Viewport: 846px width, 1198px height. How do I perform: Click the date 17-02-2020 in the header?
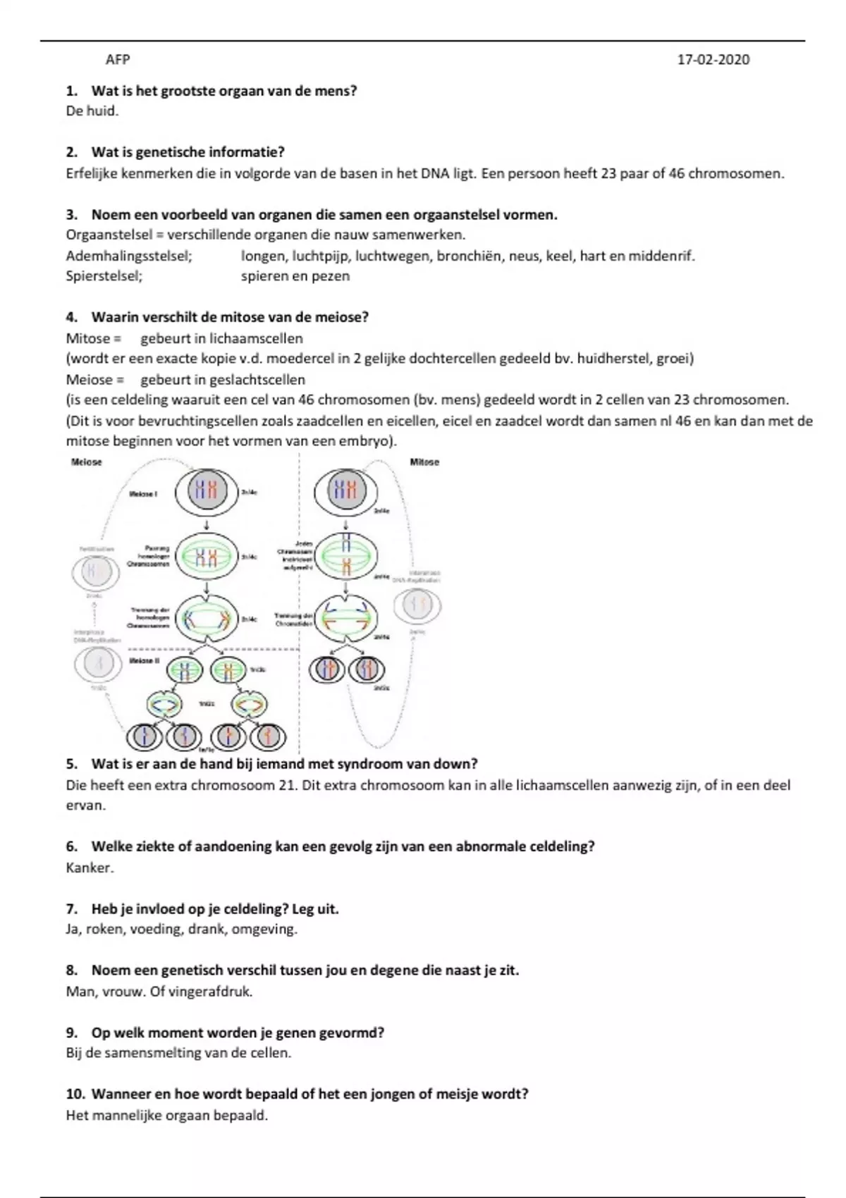coord(713,60)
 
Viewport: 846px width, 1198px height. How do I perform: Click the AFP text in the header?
coord(118,60)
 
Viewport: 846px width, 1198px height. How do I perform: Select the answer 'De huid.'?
coord(92,111)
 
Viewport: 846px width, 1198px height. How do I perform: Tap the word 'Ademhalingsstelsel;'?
coord(129,256)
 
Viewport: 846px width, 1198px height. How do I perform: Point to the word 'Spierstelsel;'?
coord(104,276)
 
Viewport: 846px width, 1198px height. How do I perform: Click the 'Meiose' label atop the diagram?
coord(87,462)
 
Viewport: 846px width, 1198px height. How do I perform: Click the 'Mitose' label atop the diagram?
coord(424,462)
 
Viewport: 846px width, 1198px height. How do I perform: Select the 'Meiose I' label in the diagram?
coord(143,493)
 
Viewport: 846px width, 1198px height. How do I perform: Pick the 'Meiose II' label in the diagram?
coord(145,661)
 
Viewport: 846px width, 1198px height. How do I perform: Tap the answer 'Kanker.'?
coord(90,867)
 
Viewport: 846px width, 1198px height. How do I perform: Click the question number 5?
coord(71,764)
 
